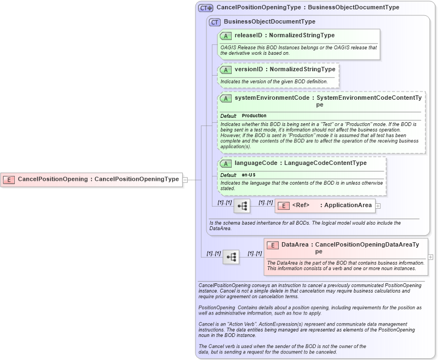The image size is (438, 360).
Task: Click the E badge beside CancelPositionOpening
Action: (x=9, y=179)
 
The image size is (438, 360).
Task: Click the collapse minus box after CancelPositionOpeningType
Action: (x=185, y=179)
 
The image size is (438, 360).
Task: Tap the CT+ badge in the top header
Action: (x=206, y=8)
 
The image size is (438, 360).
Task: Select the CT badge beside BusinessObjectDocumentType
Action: (x=215, y=22)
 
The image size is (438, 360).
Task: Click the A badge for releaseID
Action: (x=226, y=36)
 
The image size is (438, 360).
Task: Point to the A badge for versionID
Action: (x=226, y=70)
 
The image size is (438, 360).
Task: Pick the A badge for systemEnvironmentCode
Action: (x=226, y=98)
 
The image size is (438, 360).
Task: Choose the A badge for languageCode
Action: (x=226, y=163)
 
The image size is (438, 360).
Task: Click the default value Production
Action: (x=254, y=116)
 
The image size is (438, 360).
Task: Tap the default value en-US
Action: (x=249, y=175)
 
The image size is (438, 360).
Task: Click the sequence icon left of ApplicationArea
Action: (x=242, y=205)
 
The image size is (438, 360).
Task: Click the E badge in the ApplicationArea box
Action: (x=284, y=205)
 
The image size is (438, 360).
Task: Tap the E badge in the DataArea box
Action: (x=273, y=245)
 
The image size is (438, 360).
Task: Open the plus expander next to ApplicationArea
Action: (x=378, y=205)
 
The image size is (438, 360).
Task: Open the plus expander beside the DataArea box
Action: (x=430, y=256)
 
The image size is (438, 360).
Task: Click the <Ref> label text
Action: (x=301, y=205)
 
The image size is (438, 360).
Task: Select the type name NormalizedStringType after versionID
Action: (x=302, y=70)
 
